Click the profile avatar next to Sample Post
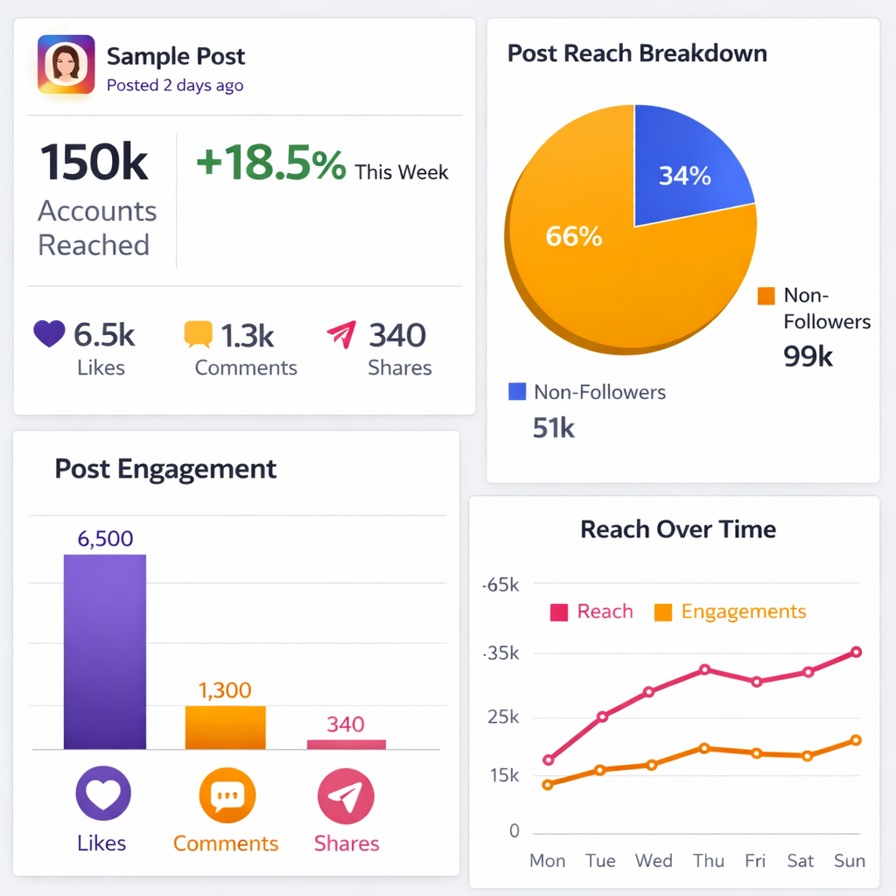point(66,64)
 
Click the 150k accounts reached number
point(94,163)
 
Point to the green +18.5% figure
point(270,164)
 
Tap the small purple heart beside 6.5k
point(49,333)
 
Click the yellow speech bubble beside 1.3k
point(198,334)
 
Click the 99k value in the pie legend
point(808,356)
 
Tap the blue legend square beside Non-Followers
point(517,391)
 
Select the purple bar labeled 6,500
point(105,651)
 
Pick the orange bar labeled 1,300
point(225,727)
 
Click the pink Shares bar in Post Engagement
point(346,744)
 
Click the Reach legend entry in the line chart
point(591,612)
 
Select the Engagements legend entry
point(731,612)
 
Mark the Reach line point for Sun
point(856,652)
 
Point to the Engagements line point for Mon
point(548,785)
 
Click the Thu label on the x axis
point(708,861)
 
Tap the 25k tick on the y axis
point(503,717)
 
